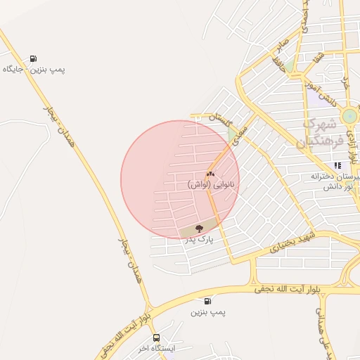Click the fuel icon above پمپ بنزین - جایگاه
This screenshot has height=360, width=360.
pyautogui.click(x=33, y=58)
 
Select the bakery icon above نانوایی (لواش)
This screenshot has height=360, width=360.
pyautogui.click(x=210, y=174)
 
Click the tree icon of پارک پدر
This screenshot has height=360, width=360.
pyautogui.click(x=199, y=228)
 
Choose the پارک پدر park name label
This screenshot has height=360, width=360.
pyautogui.click(x=199, y=240)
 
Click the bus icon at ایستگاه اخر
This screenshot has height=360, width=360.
pyautogui.click(x=156, y=337)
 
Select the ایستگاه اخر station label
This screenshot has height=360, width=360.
pyautogui.click(x=155, y=348)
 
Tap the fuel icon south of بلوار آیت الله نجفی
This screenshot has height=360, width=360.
pyautogui.click(x=207, y=300)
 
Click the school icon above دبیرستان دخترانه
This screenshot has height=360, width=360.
pyautogui.click(x=337, y=165)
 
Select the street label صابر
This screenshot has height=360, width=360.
pyautogui.click(x=283, y=49)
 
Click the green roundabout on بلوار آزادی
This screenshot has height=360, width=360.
pyautogui.click(x=349, y=116)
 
